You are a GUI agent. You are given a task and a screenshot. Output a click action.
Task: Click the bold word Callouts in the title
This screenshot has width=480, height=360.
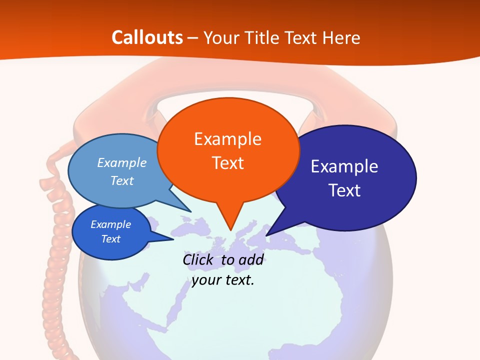[x=147, y=37]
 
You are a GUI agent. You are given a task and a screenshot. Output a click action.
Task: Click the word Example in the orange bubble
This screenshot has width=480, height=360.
[x=227, y=138]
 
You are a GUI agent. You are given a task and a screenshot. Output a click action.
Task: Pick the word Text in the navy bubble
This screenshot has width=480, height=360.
[x=345, y=190]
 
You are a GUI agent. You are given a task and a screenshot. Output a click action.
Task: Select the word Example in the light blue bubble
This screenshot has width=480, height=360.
[x=122, y=162]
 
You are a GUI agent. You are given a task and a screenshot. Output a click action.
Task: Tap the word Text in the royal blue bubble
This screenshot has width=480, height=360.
[x=111, y=239]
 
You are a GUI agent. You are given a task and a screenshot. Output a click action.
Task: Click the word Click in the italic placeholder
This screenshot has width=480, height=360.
[x=199, y=259]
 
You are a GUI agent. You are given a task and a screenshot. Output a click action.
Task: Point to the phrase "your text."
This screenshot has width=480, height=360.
[x=223, y=280]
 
